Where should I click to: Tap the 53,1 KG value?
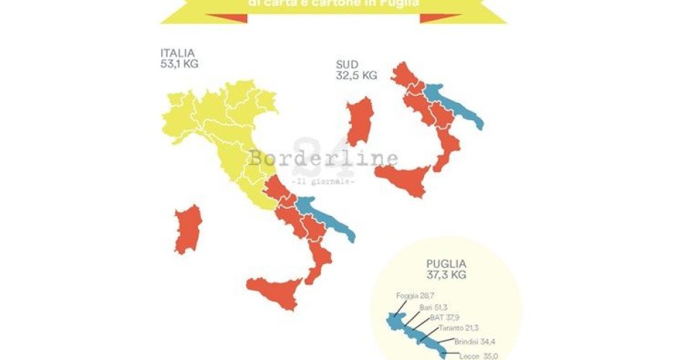tap(180, 63)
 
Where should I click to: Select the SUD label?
tap(347, 64)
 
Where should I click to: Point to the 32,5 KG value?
tap(356, 75)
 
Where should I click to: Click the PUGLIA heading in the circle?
tap(446, 264)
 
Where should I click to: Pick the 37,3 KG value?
tap(446, 275)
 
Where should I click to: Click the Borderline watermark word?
tap(323, 158)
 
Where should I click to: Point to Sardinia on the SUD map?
tap(359, 122)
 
